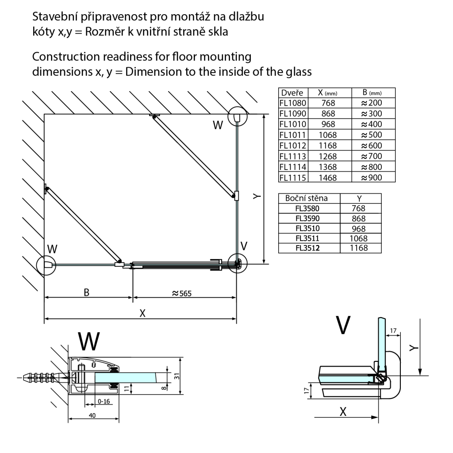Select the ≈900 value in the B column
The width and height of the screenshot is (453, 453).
point(371,177)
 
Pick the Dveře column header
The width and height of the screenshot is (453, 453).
point(291,93)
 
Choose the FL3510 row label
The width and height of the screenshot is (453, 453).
point(308,228)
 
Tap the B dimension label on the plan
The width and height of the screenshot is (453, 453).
point(87,292)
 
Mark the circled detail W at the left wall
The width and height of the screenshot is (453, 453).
point(46,265)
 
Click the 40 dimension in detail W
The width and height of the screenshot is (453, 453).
point(92,416)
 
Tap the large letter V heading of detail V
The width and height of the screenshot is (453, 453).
point(343,325)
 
